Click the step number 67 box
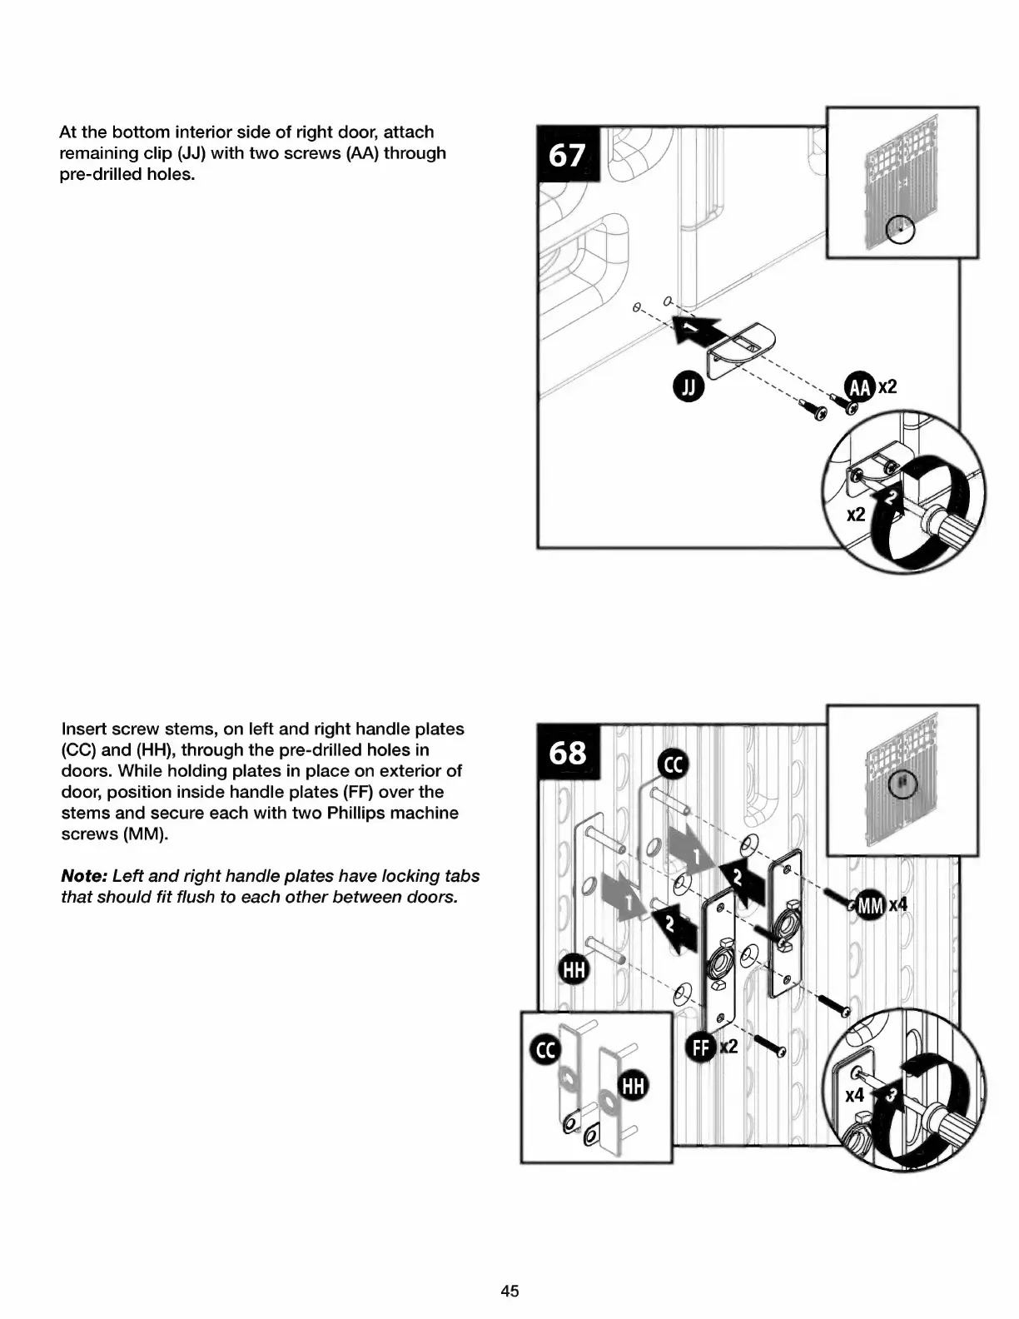tap(567, 154)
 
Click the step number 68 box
tap(568, 752)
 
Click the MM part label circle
tap(870, 905)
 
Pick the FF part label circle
tap(701, 1047)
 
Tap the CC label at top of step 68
tap(673, 764)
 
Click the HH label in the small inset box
tap(633, 1086)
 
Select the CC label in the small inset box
tap(545, 1051)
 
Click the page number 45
tap(509, 1291)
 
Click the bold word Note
tap(83, 876)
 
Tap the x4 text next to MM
tap(898, 905)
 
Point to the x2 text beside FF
tap(728, 1047)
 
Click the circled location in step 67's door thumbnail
tap(900, 229)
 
